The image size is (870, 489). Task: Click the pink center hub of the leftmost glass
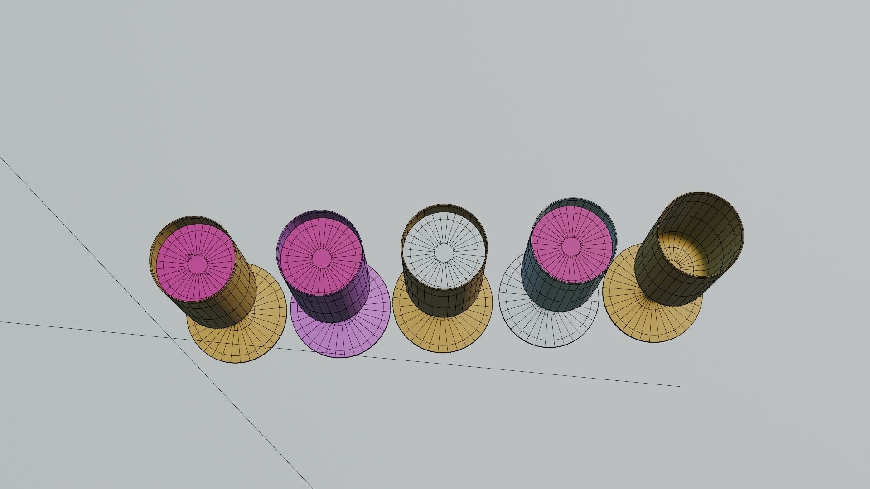tap(197, 263)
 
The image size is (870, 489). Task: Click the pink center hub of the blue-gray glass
tap(571, 246)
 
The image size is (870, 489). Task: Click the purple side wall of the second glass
tap(335, 308)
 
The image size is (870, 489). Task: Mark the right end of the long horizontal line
tap(679, 386)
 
